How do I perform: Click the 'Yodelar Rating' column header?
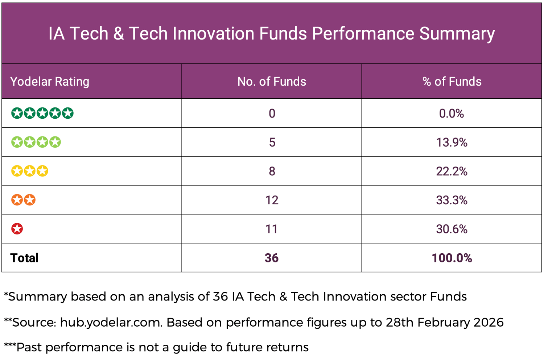50,82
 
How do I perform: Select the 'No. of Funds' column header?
272,82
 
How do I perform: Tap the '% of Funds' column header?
452,82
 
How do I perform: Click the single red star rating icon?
17,229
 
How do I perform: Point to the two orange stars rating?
23,200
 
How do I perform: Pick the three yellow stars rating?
30,171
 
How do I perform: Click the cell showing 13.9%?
452,142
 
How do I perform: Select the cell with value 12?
272,200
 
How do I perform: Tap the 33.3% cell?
452,200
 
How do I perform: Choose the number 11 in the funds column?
272,229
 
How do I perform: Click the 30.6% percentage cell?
452,229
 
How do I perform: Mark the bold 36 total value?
272,258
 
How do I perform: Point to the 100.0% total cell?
452,258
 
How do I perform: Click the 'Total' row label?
24,258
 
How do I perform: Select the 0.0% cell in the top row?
452,114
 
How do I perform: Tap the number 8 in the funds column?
272,171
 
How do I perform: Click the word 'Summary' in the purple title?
457,34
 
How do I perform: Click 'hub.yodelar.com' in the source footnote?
111,322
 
